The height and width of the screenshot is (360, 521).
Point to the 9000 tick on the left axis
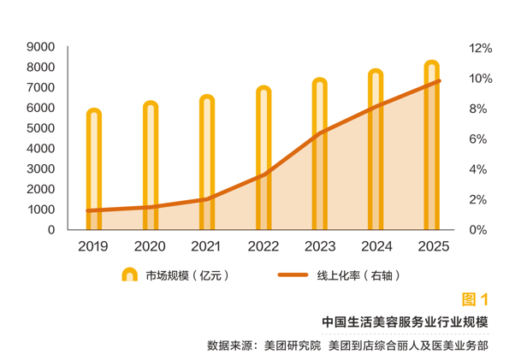pyautogui.click(x=41, y=46)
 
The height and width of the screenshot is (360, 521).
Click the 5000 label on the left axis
pyautogui.click(x=41, y=128)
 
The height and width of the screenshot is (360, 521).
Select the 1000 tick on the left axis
pyautogui.click(x=41, y=210)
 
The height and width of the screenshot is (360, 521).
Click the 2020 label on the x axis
pyautogui.click(x=150, y=247)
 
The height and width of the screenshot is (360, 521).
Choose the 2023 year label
pyautogui.click(x=319, y=247)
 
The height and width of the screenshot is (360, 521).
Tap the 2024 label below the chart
pyautogui.click(x=376, y=247)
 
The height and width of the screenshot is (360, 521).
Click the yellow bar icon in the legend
pyautogui.click(x=129, y=275)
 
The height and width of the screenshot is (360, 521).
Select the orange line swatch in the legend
pyautogui.click(x=293, y=275)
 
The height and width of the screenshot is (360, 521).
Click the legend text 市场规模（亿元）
pyautogui.click(x=186, y=275)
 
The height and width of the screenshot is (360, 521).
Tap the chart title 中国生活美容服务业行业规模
pyautogui.click(x=405, y=322)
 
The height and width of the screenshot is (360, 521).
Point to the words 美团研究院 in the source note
pyautogui.click(x=292, y=345)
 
